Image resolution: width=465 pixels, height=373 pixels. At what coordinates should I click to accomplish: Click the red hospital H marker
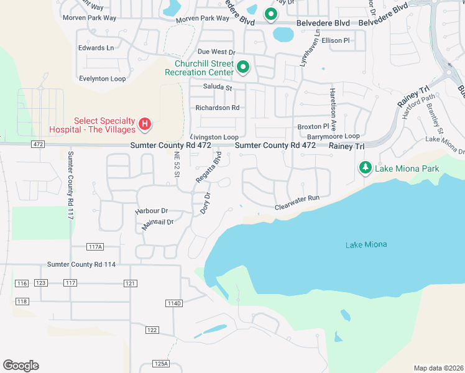(144, 124)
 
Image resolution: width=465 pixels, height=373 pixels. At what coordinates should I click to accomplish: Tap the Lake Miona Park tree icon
(366, 168)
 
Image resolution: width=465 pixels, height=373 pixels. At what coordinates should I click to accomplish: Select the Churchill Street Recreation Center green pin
(243, 67)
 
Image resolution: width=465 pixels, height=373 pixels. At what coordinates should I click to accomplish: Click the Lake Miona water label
(366, 244)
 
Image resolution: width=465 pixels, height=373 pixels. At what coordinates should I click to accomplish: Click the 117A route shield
(95, 247)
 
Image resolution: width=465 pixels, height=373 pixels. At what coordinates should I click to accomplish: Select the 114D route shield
(174, 303)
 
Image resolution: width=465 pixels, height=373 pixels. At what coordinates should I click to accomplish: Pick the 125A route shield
(160, 364)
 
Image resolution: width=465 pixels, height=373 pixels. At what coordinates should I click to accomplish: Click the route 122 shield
(152, 329)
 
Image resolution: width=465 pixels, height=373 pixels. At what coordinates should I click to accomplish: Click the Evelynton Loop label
(102, 79)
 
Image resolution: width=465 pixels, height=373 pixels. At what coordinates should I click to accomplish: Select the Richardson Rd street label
(217, 108)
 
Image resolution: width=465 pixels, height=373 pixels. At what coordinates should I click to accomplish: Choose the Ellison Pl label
(336, 40)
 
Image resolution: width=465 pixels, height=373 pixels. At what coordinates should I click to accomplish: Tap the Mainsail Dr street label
(157, 223)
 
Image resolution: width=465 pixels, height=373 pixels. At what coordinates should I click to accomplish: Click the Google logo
(21, 366)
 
